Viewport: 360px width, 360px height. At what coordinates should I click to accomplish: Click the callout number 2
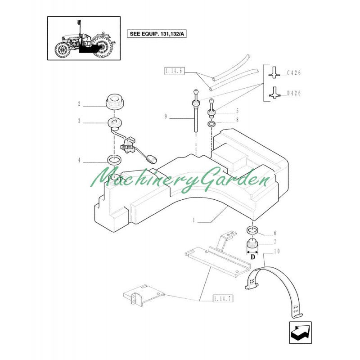(x=79, y=104)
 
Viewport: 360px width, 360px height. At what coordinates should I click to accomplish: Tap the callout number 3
(x=79, y=121)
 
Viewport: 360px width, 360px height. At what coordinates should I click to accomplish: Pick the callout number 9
(x=166, y=117)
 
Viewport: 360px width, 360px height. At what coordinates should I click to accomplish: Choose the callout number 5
(x=238, y=111)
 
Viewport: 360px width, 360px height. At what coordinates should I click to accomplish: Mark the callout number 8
(x=238, y=121)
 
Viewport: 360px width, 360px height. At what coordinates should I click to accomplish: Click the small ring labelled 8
(x=211, y=124)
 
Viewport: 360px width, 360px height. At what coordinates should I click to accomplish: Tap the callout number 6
(x=274, y=233)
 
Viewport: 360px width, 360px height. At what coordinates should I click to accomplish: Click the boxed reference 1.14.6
(x=172, y=71)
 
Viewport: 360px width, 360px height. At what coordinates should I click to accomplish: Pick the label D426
(x=294, y=93)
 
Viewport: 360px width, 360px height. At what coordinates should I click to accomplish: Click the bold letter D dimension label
(x=252, y=258)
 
